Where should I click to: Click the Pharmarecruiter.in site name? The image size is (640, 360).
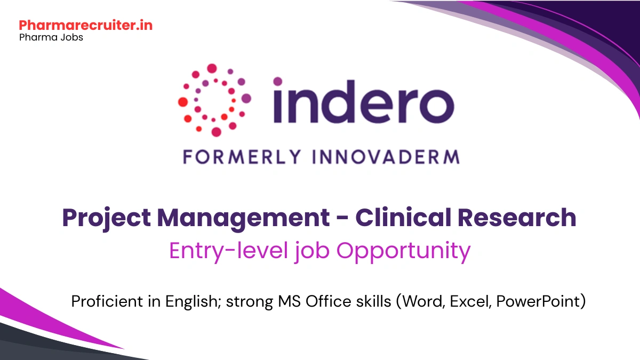point(85,25)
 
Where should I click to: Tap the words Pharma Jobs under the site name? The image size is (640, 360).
point(51,38)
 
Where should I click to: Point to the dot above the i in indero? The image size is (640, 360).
point(278,82)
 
